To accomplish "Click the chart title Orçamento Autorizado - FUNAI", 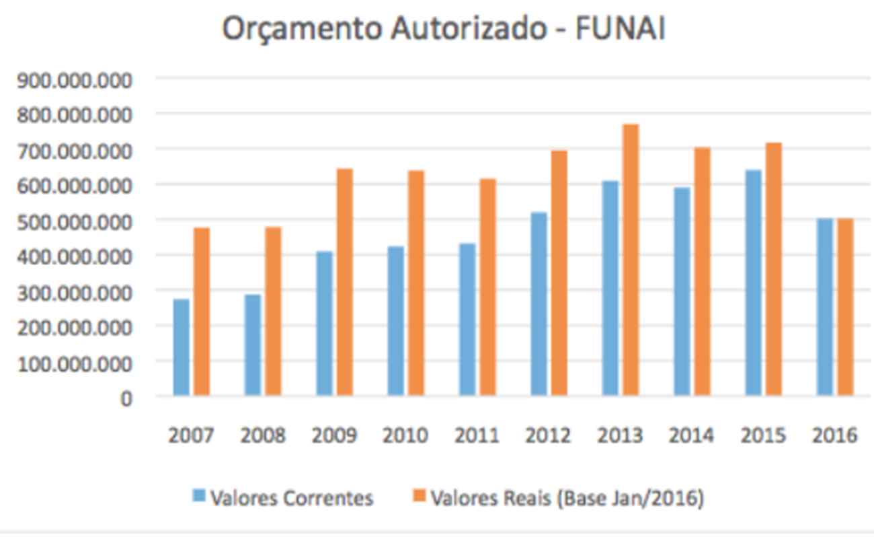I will click(444, 30).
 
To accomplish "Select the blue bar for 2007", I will click(182, 347).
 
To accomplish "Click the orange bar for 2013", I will click(630, 260).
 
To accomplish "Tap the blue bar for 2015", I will click(754, 282).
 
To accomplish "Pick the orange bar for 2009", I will click(344, 281).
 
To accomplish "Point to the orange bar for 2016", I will click(845, 306).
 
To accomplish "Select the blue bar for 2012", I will click(539, 303).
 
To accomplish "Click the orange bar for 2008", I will click(273, 311).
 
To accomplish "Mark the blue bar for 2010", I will click(395, 320).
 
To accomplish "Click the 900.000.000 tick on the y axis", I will click(75, 81).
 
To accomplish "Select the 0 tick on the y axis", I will click(126, 398).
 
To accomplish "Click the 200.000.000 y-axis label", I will click(75, 328).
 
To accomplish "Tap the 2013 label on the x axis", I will click(620, 435).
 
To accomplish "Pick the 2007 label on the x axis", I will click(191, 435).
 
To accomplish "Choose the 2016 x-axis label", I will click(834, 435).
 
